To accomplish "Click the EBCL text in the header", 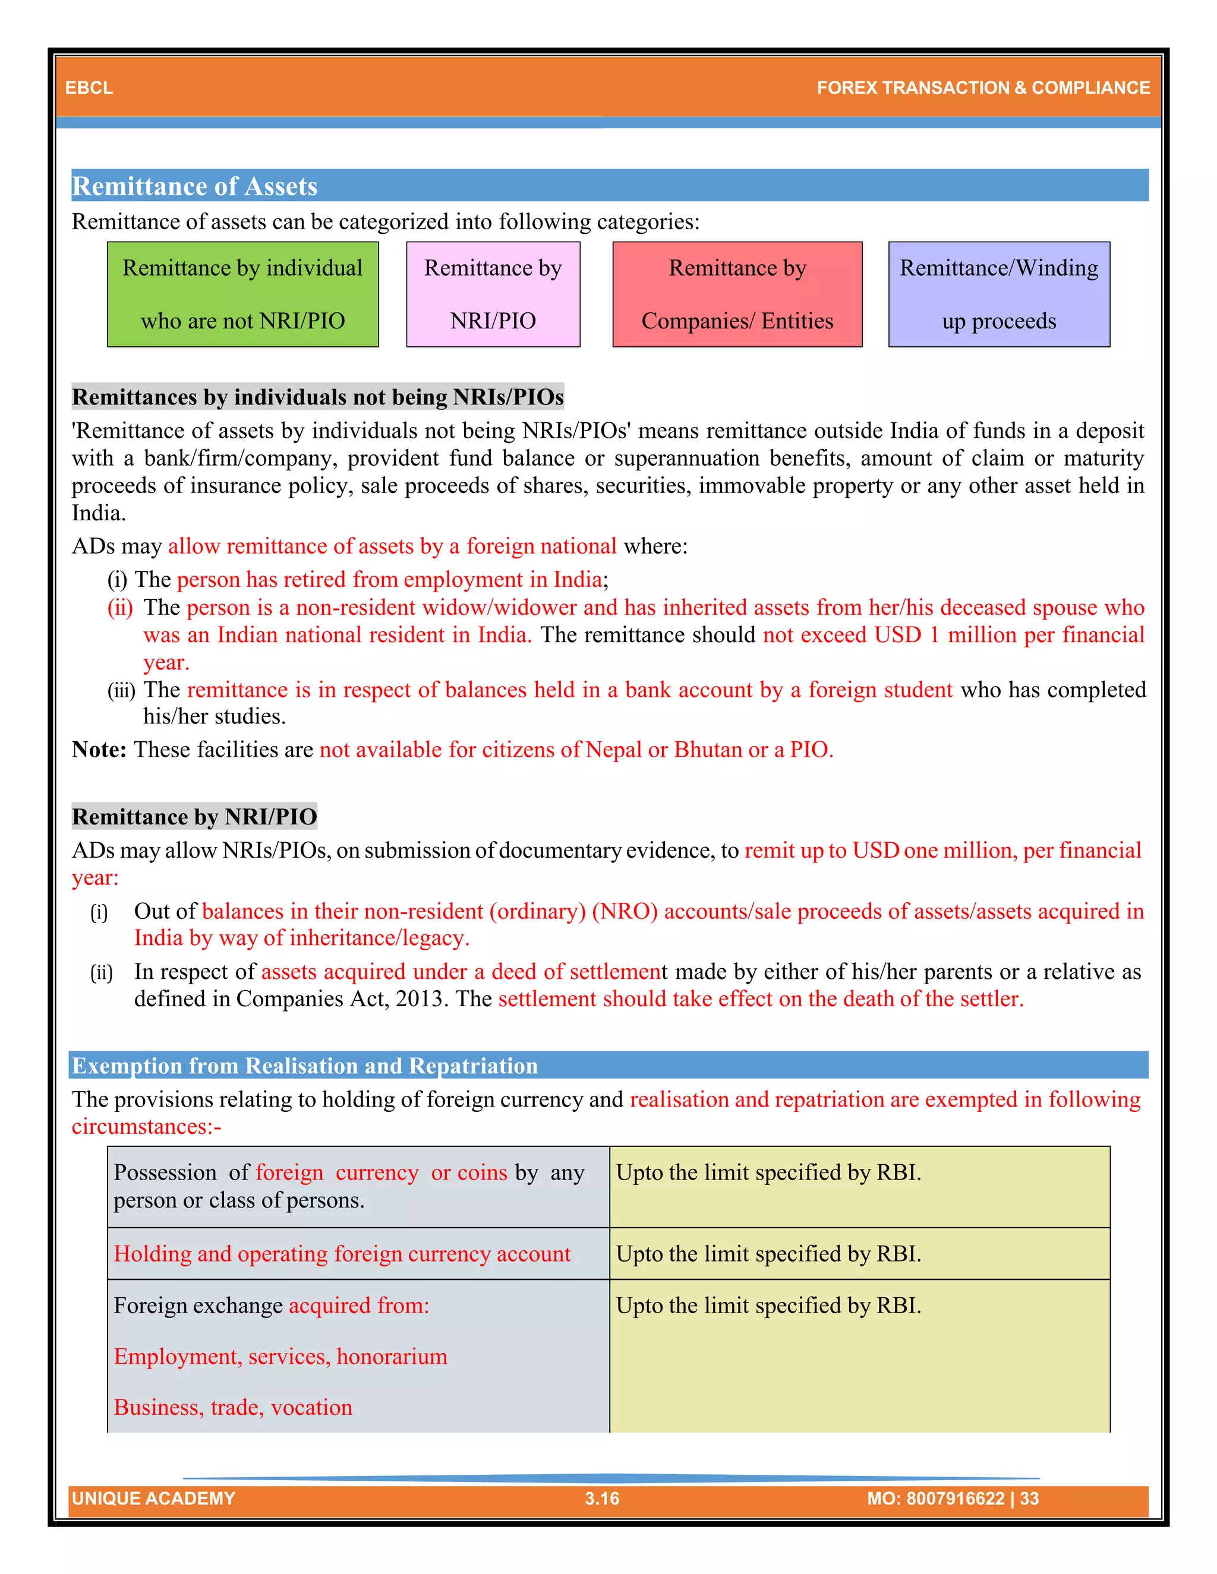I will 89,88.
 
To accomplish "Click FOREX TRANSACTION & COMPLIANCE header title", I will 983,88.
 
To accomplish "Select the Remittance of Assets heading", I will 195,186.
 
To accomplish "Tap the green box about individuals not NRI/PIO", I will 242,294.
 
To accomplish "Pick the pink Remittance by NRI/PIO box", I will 493,294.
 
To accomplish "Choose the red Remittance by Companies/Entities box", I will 737,294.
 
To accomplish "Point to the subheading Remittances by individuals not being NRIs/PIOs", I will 317,397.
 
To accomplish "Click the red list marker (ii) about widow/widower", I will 121,608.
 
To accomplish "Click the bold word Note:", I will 99,750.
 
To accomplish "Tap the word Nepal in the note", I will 613,750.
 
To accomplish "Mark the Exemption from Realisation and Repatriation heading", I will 304,1066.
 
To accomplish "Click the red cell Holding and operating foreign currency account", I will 342,1254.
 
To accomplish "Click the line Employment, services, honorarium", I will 280,1357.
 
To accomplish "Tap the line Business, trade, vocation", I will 233,1408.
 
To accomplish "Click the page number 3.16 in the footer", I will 602,1499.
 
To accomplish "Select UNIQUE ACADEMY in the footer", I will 153,1499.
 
